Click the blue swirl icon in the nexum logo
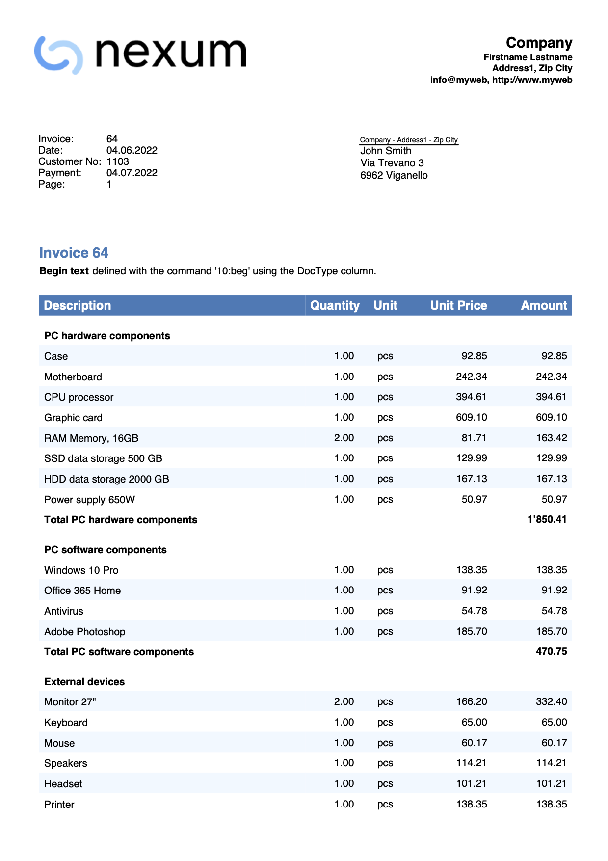58,55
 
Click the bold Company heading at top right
539,43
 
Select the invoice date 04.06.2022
132,150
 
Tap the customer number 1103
117,161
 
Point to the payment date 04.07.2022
132,173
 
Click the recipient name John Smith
385,151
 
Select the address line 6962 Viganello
394,175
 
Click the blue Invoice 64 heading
74,253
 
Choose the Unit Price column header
458,305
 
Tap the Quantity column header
335,305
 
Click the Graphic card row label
73,418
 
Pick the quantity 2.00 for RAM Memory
344,438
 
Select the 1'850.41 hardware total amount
547,519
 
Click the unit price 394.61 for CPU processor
471,397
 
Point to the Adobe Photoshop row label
84,632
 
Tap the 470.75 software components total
551,651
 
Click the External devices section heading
84,682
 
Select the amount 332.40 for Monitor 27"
551,701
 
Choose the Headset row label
63,784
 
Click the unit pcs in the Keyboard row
385,723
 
